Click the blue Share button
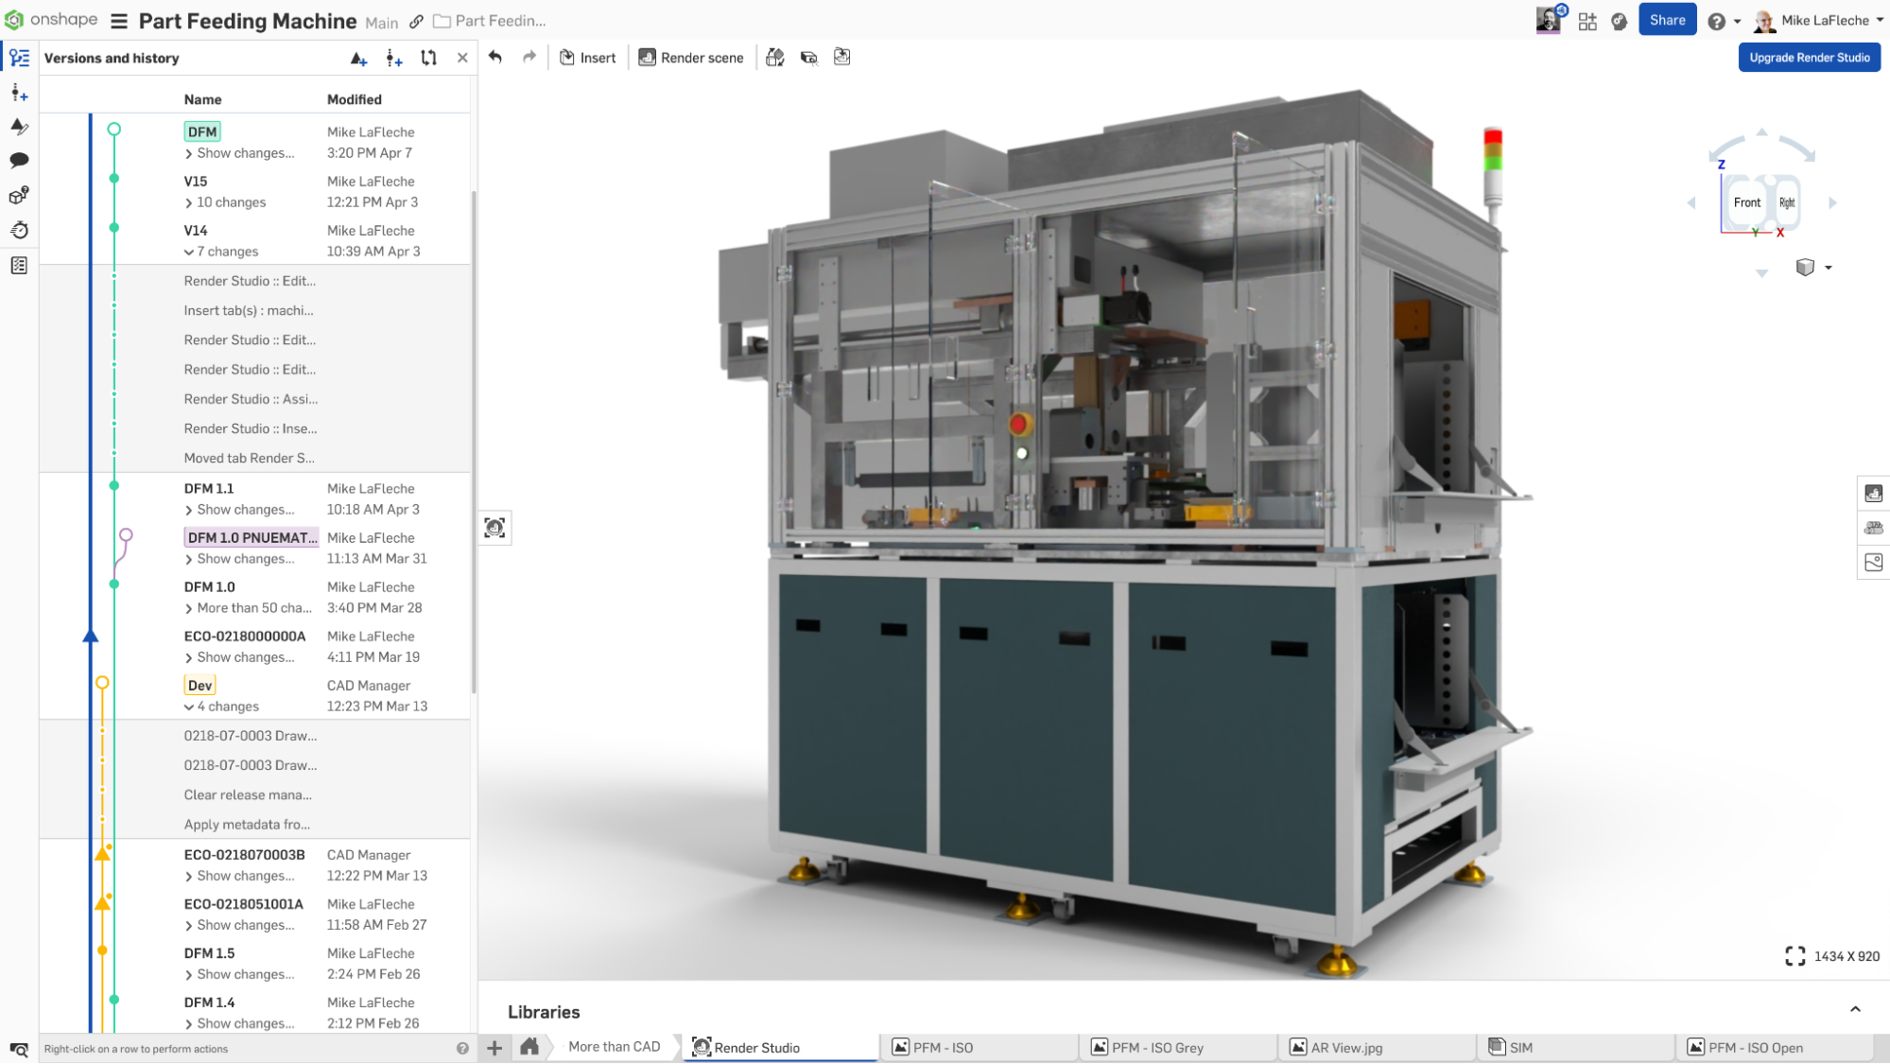[x=1667, y=20]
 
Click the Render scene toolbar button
[x=691, y=58]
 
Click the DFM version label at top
[x=202, y=131]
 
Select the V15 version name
[x=196, y=182]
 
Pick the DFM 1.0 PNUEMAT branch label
[x=251, y=537]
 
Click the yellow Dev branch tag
[x=199, y=686]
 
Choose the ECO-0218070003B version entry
[x=244, y=855]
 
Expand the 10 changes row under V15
[x=230, y=202]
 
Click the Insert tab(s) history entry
[x=249, y=310]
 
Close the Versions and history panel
[x=462, y=58]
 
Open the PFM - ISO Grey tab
[x=1157, y=1047]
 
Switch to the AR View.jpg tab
[x=1346, y=1047]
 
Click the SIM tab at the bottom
[x=1520, y=1047]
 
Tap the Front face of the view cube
[x=1746, y=202]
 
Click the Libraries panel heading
[x=544, y=1012]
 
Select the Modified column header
[x=355, y=99]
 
